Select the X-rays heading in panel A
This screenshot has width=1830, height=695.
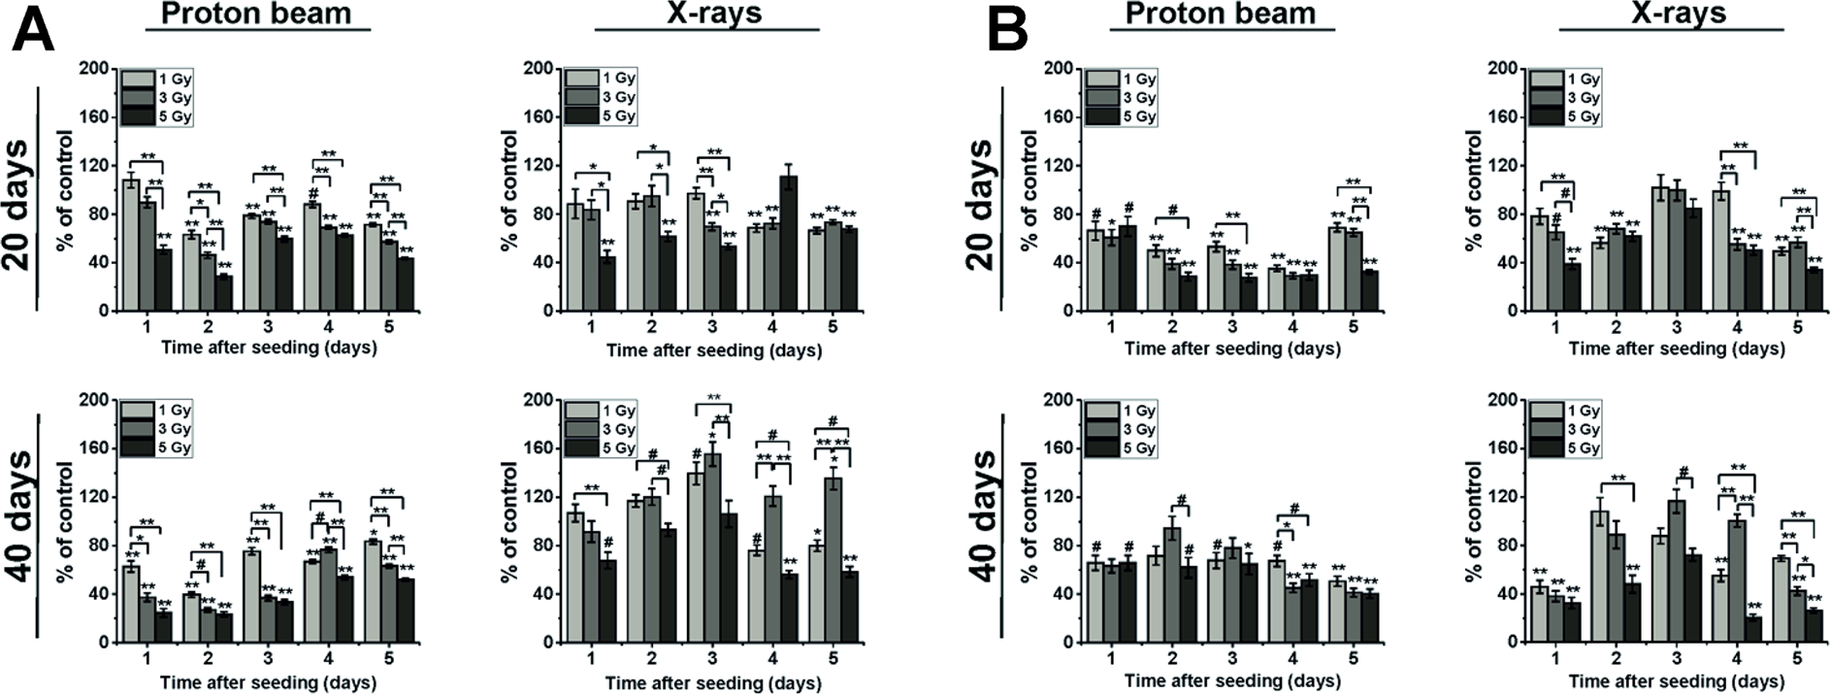pyautogui.click(x=705, y=13)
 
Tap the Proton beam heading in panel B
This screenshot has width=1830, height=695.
pyautogui.click(x=1221, y=13)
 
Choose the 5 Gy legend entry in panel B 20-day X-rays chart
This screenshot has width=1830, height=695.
pyautogui.click(x=1563, y=116)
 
